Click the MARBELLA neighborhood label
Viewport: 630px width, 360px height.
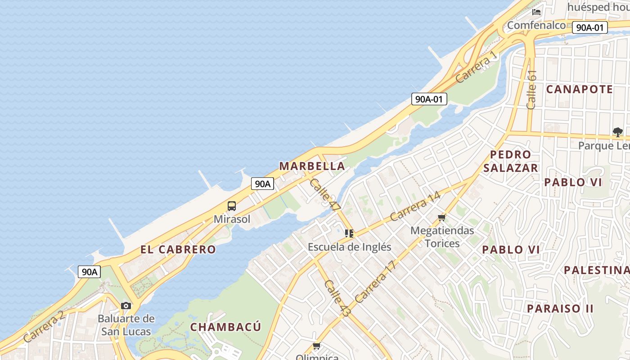pyautogui.click(x=312, y=166)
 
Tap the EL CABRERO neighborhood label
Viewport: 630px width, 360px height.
pyautogui.click(x=178, y=249)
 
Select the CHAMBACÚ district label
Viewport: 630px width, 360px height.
pyautogui.click(x=225, y=327)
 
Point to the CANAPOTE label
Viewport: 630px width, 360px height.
pyautogui.click(x=580, y=89)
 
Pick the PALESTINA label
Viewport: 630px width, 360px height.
pyautogui.click(x=597, y=270)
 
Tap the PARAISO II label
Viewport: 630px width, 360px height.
pyautogui.click(x=560, y=308)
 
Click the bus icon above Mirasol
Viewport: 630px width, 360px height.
pyautogui.click(x=232, y=206)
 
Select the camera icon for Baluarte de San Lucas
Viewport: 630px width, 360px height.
pyautogui.click(x=126, y=306)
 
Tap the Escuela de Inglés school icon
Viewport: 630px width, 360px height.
pyautogui.click(x=349, y=234)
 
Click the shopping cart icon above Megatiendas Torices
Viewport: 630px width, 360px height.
pyautogui.click(x=442, y=218)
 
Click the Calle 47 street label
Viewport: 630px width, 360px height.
pyautogui.click(x=324, y=194)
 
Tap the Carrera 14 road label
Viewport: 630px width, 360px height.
pyautogui.click(x=415, y=207)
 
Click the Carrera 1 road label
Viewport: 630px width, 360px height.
pyautogui.click(x=477, y=67)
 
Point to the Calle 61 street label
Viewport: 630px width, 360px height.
pyautogui.click(x=531, y=89)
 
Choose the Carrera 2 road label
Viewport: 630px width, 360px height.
pyautogui.click(x=44, y=326)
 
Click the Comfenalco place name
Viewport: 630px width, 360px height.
pyautogui.click(x=536, y=25)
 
